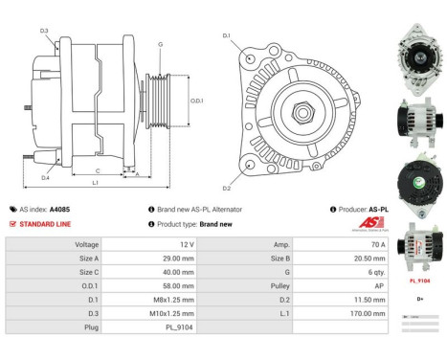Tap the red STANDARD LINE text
[43, 224]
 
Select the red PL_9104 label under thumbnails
[420, 281]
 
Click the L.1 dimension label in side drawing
[95, 183]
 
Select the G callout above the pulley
[160, 44]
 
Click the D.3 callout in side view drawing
[45, 32]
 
